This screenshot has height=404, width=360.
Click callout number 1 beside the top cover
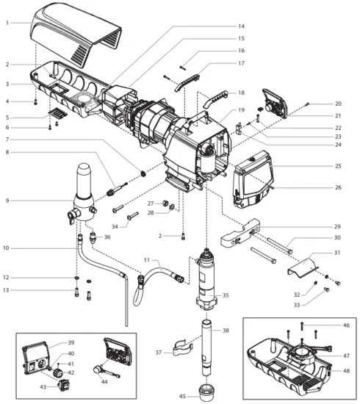[7, 24]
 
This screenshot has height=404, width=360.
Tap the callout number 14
[240, 26]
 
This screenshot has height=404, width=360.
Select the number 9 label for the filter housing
[7, 201]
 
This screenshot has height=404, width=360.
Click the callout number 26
[337, 187]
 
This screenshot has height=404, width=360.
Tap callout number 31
[337, 253]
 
